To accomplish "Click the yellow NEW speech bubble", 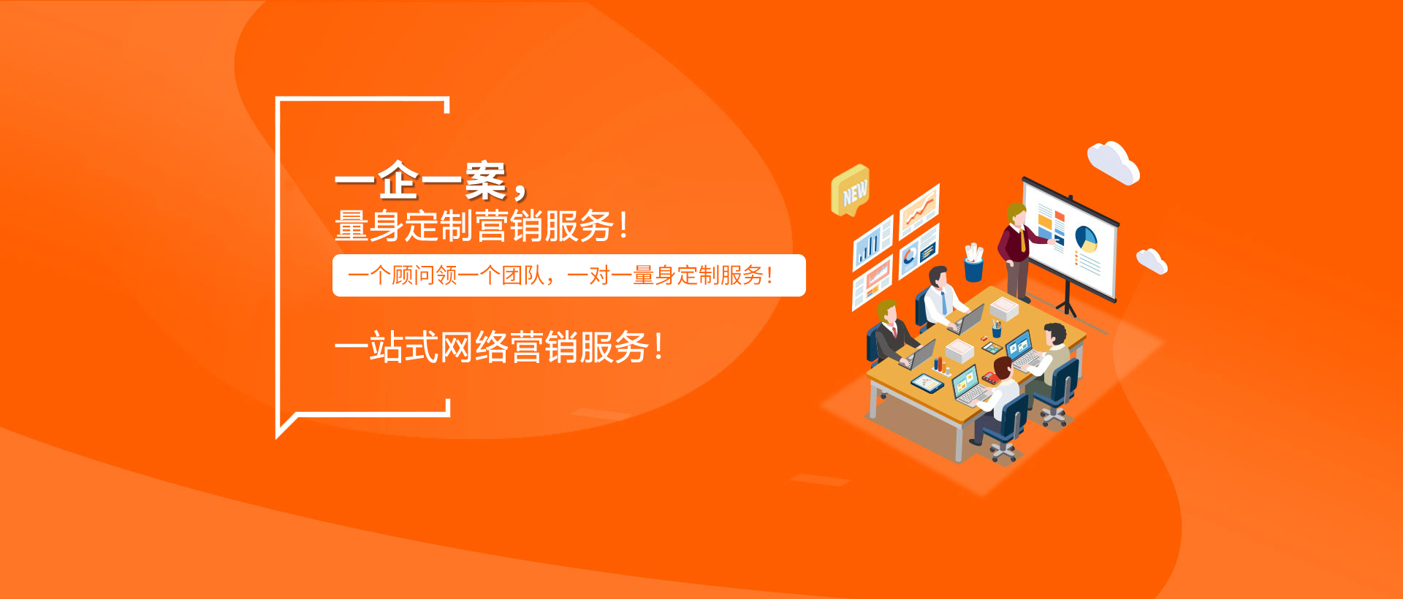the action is point(850,191).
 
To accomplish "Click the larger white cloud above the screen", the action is point(1113,162).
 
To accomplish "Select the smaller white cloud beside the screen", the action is point(1152,261).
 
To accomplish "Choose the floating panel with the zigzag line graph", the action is point(919,210).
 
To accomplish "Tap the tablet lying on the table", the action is point(927,382).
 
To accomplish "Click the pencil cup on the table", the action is point(996,329).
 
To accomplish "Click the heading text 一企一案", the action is point(421,181).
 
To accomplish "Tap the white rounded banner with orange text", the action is point(569,275).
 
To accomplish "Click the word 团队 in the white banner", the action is point(523,275).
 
